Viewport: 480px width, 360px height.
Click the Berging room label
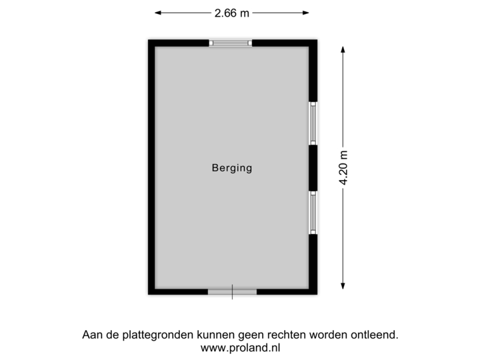pyautogui.click(x=232, y=168)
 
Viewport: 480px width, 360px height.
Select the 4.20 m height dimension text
pyautogui.click(x=343, y=167)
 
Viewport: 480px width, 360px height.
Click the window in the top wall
pyautogui.click(x=231, y=43)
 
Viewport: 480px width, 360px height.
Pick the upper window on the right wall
pyautogui.click(x=313, y=123)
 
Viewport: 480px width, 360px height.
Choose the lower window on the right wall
pyautogui.click(x=313, y=213)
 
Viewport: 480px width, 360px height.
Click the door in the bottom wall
pyautogui.click(x=232, y=291)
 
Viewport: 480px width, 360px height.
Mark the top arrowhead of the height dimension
pyautogui.click(x=343, y=49)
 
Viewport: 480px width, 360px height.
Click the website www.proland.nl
pyautogui.click(x=239, y=347)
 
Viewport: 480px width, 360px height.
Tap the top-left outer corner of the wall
pyautogui.click(x=147, y=37)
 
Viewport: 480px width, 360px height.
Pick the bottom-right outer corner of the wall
pyautogui.click(x=319, y=297)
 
